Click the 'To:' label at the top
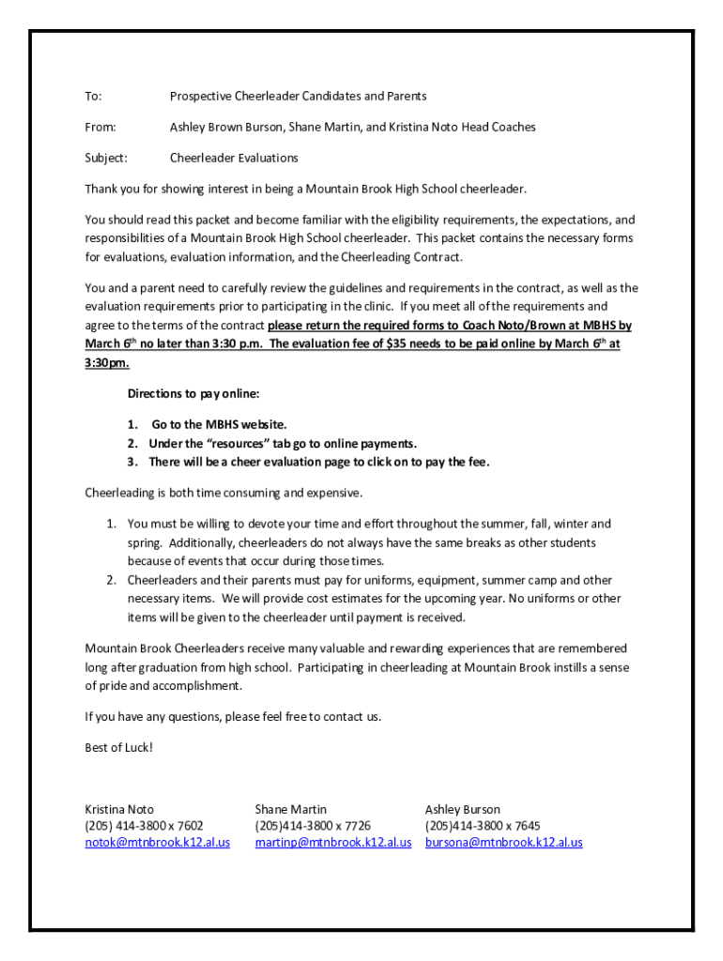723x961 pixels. tap(94, 97)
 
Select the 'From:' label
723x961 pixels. tap(100, 128)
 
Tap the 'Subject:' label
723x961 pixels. tap(106, 159)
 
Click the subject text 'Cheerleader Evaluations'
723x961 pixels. tap(234, 159)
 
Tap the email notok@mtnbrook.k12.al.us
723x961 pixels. tap(158, 843)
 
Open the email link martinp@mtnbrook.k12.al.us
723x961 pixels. tap(333, 843)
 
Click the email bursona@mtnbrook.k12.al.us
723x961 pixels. tap(503, 843)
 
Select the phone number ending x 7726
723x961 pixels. tap(313, 826)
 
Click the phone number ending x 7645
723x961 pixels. tap(483, 826)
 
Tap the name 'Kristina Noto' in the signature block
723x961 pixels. tap(119, 809)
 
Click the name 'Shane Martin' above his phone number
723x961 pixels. tap(291, 809)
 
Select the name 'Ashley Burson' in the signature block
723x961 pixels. tap(463, 809)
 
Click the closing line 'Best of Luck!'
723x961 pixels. tap(118, 748)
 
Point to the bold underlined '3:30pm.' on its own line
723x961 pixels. tap(107, 363)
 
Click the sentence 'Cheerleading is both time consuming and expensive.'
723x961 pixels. tap(223, 493)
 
